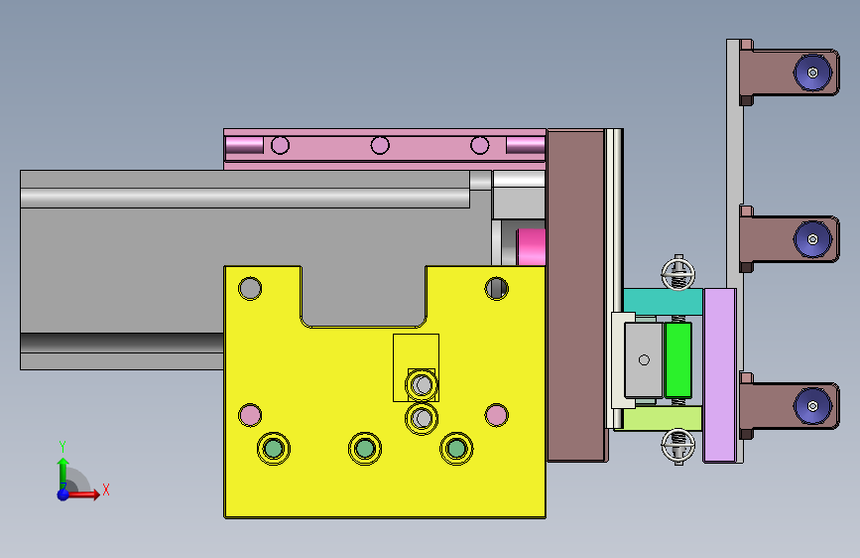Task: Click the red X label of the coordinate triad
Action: [106, 489]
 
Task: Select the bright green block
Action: [678, 359]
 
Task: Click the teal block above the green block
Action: [663, 302]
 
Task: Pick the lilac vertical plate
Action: [719, 375]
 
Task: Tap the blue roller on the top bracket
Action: [812, 72]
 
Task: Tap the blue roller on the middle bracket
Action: [812, 239]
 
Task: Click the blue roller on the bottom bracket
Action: [812, 406]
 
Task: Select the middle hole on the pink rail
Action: [380, 146]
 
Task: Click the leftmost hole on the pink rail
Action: [281, 146]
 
